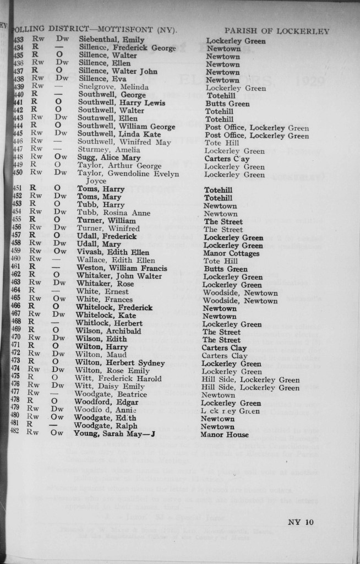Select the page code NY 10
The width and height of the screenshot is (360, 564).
point(301,522)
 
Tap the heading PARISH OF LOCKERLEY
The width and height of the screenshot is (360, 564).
point(277,31)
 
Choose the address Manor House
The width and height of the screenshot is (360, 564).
point(226,435)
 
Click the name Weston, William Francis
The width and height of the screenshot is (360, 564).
point(121,269)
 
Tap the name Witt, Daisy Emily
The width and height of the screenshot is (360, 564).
point(110,388)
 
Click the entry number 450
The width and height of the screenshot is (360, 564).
point(18,174)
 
